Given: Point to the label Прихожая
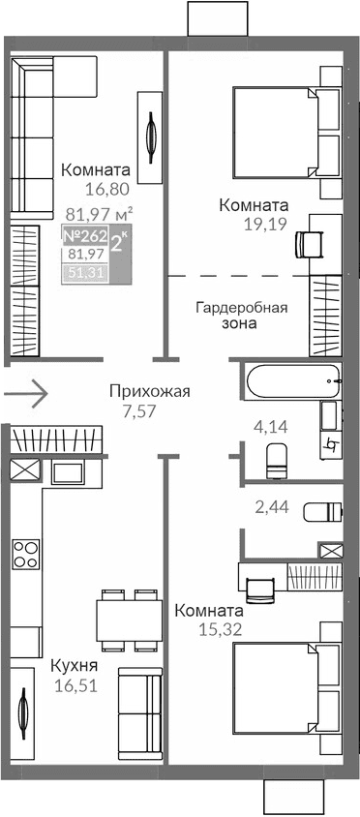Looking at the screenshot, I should click(149, 391).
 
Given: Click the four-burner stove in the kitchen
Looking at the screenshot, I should click(25, 554).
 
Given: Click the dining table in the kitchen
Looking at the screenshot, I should click(128, 620).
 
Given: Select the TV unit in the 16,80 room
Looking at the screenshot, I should click(151, 136).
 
